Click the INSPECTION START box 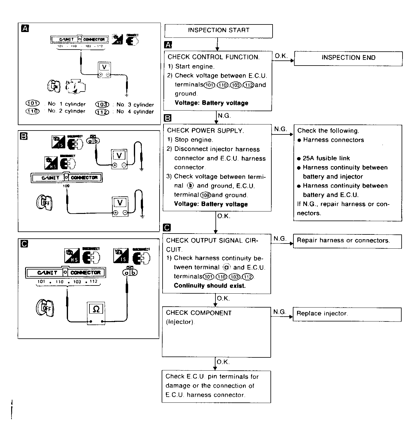tap(218, 31)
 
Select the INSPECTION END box tap(348, 58)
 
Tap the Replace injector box tap(347, 314)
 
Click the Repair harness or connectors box tap(347, 241)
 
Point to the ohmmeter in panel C tap(96, 313)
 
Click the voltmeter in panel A tap(104, 70)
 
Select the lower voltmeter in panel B tap(120, 206)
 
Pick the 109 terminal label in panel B tap(66, 186)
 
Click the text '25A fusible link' tap(326, 158)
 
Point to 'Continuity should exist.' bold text tap(210, 286)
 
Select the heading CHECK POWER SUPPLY tap(205, 131)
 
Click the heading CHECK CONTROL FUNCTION tap(213, 57)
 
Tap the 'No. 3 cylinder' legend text tap(135, 105)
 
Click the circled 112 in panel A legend tap(102, 112)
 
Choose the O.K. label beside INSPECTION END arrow tap(281, 56)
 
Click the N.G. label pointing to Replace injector tap(280, 312)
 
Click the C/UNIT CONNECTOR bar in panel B tap(66, 178)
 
